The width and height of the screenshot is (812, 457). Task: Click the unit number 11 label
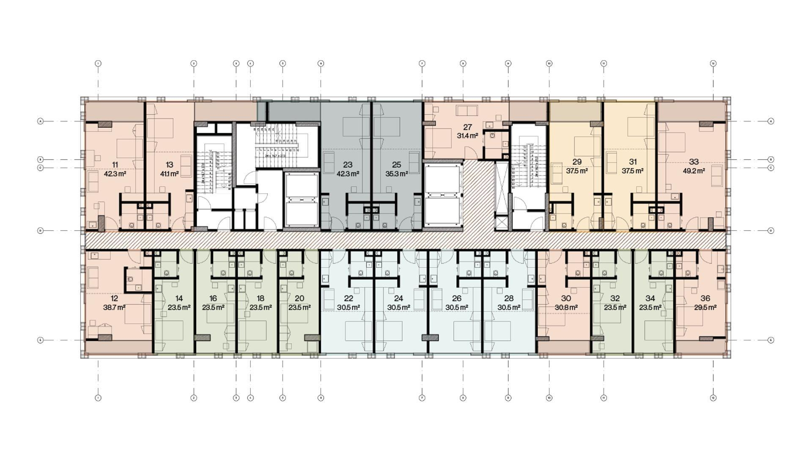(115, 165)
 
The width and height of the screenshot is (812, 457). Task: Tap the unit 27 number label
(467, 127)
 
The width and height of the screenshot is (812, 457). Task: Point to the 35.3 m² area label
(397, 174)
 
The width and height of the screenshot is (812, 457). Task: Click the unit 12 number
(114, 299)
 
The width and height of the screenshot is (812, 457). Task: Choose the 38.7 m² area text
(114, 308)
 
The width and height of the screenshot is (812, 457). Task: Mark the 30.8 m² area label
(566, 308)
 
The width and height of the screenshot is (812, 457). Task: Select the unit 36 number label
(705, 299)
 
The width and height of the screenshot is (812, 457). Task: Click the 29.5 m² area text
(705, 308)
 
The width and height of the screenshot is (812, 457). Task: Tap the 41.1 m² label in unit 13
(169, 174)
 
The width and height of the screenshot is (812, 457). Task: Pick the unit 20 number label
(299, 299)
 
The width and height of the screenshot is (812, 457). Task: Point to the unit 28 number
(509, 299)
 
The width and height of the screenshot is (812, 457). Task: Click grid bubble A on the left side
(41, 121)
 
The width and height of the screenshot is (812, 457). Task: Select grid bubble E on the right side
(771, 340)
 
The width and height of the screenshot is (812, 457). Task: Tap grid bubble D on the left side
(41, 231)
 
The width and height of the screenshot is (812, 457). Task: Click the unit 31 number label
(633, 162)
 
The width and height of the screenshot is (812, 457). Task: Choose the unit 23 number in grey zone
(348, 165)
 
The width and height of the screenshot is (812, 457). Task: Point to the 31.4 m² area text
(467, 136)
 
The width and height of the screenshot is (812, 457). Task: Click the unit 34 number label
(650, 299)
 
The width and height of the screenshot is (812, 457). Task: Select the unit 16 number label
(213, 299)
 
